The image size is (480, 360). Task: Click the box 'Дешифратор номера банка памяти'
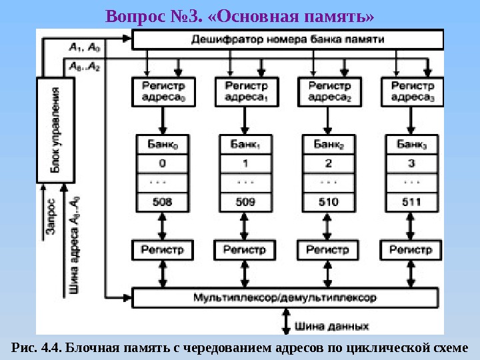pos(287,40)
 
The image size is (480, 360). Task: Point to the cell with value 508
pos(159,201)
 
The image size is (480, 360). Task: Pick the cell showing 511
pos(410,201)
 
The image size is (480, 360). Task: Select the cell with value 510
pos(327,201)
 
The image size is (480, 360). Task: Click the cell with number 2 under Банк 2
pos(327,163)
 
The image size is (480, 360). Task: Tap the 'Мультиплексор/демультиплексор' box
pos(286,297)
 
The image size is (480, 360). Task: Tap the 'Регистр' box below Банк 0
pos(159,250)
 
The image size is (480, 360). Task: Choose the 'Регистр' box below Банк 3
pos(410,250)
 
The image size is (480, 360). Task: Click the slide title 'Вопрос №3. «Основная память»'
pos(240,14)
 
